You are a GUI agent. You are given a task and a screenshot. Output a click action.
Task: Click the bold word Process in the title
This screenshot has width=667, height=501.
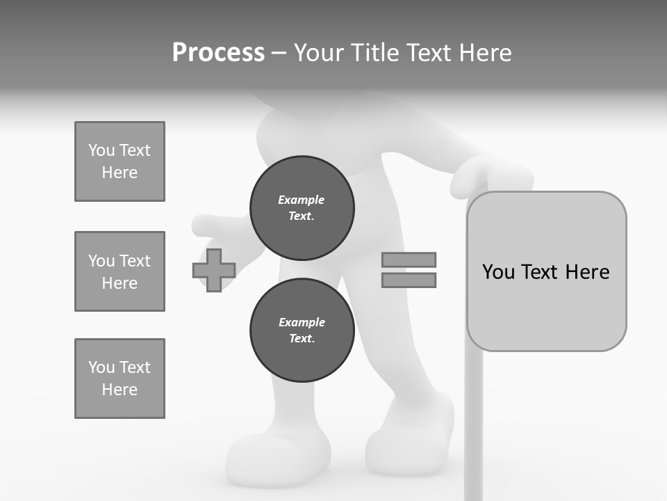pos(218,53)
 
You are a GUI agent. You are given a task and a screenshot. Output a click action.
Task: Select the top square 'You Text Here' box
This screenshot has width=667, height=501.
pos(120,161)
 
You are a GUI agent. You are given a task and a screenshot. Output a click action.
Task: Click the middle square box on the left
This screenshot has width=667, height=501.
pos(120,271)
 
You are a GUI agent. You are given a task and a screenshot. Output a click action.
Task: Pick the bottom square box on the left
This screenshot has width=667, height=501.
pos(120,379)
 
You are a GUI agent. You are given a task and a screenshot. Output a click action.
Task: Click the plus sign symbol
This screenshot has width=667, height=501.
pos(214,270)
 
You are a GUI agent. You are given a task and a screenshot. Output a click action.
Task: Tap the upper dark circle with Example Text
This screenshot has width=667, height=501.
pos(302,208)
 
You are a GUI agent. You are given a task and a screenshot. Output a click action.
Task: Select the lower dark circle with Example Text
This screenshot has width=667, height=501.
pos(302,331)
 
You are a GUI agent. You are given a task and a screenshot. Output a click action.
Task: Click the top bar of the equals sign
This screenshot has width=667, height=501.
pos(409,260)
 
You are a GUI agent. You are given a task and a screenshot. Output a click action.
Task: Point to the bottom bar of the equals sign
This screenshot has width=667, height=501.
pos(409,280)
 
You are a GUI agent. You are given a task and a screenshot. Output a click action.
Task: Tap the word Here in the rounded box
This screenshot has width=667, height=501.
pos(587,272)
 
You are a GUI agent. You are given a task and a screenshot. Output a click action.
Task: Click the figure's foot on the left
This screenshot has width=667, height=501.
pos(278,459)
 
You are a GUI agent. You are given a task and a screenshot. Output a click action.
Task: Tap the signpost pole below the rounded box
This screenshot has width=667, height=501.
pos(473,424)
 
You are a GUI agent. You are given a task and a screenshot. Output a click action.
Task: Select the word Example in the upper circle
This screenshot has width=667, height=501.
pos(302,200)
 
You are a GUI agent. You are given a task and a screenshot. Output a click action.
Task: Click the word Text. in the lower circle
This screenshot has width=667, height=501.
pos(302,339)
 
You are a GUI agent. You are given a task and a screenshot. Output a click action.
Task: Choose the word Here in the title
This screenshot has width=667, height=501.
pos(484,53)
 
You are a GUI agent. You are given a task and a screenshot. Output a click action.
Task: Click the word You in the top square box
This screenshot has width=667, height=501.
pos(101,150)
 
